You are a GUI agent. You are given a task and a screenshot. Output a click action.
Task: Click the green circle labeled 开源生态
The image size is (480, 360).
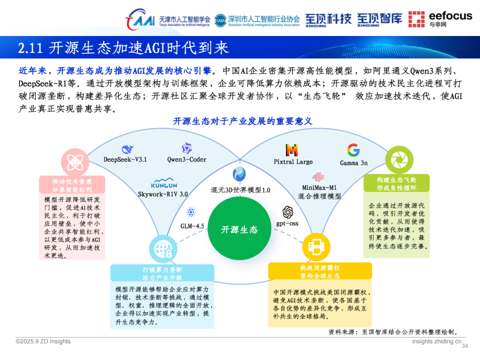[x=239, y=229]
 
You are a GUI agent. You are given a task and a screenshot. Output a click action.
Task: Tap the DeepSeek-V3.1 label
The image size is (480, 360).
[x=125, y=160]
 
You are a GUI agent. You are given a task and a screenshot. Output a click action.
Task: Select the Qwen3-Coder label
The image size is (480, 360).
[x=187, y=160]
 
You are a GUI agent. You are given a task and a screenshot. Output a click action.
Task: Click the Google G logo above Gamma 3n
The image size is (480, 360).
[x=353, y=150]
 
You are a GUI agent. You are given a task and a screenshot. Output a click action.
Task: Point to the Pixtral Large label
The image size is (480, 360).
[x=293, y=162]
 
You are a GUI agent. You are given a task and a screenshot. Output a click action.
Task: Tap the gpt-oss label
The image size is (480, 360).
[x=288, y=224]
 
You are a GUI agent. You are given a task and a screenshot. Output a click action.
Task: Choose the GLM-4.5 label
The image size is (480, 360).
[x=192, y=226]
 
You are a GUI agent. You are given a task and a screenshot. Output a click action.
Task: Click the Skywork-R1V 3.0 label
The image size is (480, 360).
[x=163, y=194]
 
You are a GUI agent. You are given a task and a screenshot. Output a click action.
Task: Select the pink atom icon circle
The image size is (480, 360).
[x=75, y=162]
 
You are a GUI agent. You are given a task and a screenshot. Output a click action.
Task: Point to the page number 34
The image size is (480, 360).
[x=465, y=346]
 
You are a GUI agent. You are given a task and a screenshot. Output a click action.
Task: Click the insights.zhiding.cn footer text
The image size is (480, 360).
[x=436, y=341]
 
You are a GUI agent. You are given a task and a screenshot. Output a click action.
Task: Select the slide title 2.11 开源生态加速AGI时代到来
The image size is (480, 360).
[x=124, y=48]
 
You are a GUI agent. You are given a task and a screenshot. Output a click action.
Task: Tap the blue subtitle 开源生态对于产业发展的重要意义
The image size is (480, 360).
[x=243, y=121]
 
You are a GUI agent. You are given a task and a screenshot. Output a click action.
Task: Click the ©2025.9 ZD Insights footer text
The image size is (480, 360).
[x=43, y=341]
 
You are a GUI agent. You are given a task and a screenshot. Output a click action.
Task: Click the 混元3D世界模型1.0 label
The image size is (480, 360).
[x=240, y=190]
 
